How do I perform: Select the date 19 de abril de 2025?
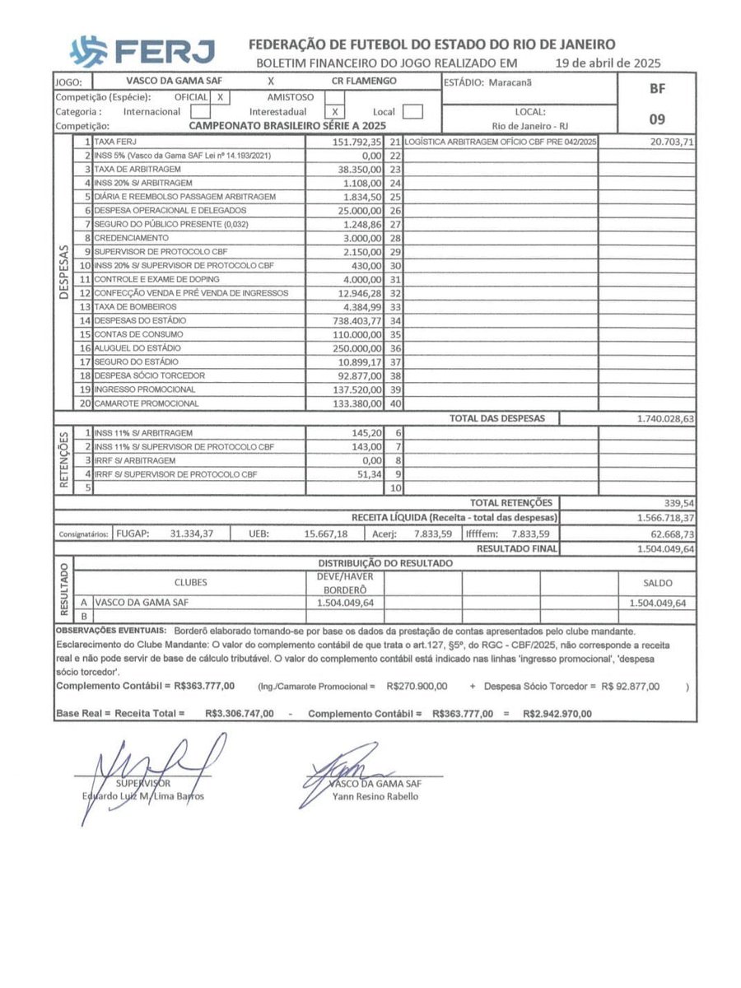[x=608, y=63]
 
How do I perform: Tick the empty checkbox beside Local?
[x=413, y=112]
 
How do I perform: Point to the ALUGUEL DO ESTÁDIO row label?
[x=133, y=347]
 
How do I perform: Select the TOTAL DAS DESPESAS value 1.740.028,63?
[x=665, y=418]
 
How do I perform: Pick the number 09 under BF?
[x=656, y=119]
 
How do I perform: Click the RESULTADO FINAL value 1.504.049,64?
[x=665, y=548]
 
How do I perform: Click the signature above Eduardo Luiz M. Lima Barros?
[x=148, y=770]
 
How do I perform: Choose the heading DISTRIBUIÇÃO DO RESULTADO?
[x=384, y=563]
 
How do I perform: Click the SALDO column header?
[x=656, y=582]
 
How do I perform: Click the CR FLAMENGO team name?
[x=364, y=82]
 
